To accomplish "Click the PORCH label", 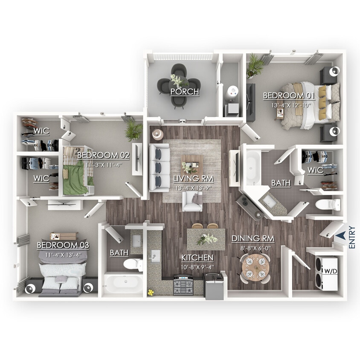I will [x=185, y=92].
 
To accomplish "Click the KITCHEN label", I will [x=197, y=258].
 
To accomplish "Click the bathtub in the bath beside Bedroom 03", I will [x=124, y=284].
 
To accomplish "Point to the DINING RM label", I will [x=253, y=238].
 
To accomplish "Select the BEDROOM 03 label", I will [x=63, y=245].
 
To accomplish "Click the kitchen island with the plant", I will [x=206, y=239].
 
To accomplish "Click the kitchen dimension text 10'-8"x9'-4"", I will [x=197, y=268].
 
